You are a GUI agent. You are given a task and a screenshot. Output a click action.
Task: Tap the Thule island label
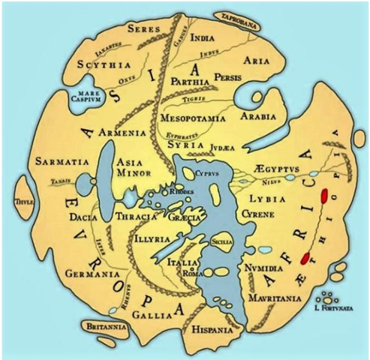pos(14,201)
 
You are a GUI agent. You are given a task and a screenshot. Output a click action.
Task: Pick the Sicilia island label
pos(218,242)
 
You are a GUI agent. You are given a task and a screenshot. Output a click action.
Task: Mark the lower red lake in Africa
pos(305,258)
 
